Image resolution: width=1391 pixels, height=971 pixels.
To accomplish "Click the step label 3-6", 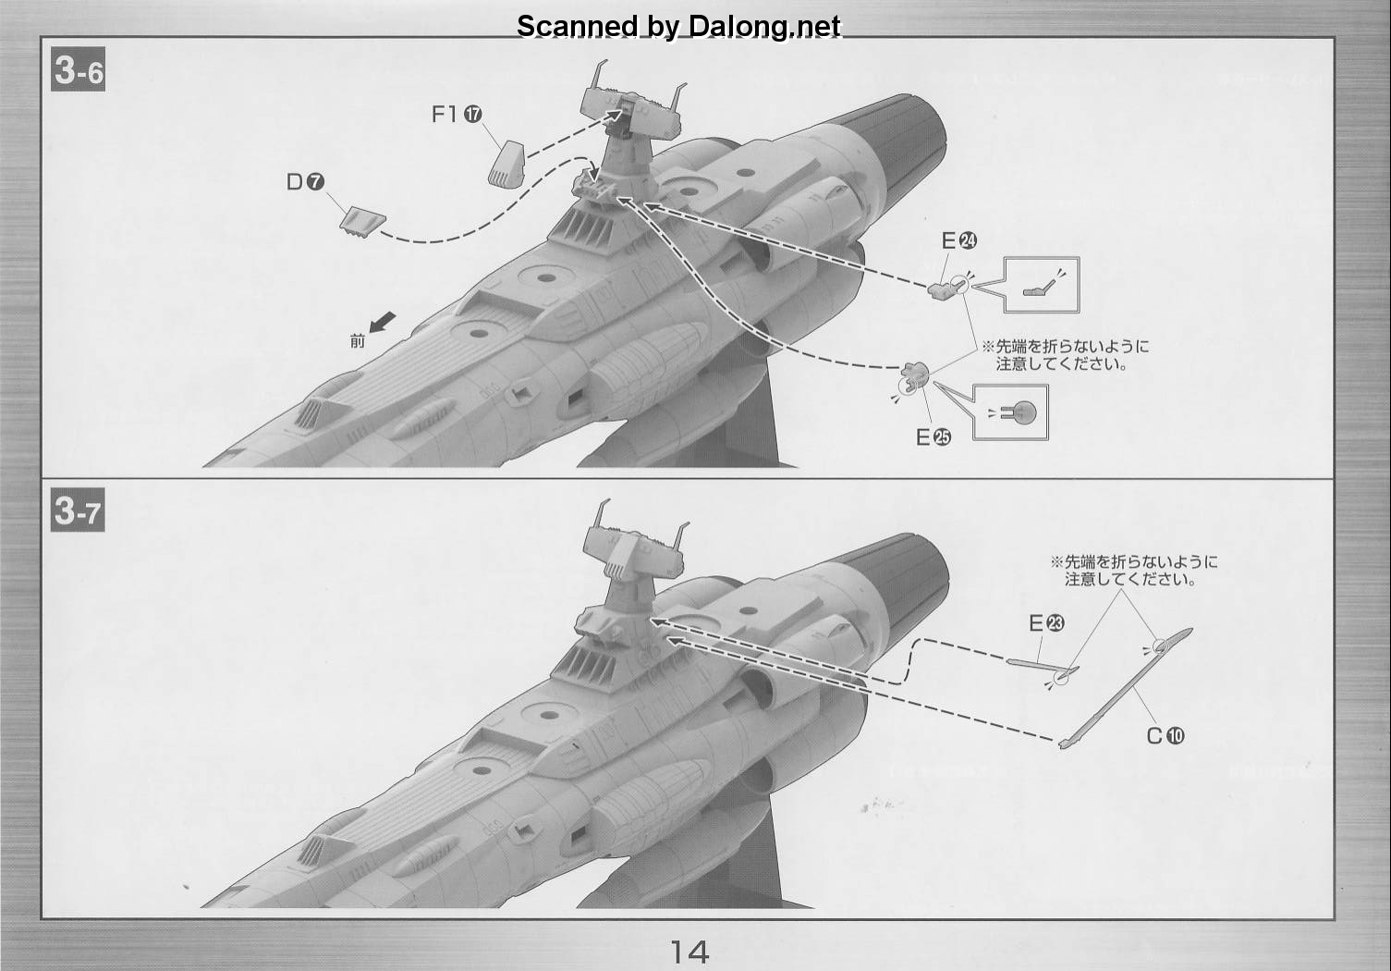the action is coord(78,69).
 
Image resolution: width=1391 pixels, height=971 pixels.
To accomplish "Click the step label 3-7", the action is coord(78,510).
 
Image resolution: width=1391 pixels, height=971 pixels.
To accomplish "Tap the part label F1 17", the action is coord(457,114).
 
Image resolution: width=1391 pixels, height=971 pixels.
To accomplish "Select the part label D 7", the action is coord(305,181).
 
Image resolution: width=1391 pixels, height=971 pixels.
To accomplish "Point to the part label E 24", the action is coord(959,240).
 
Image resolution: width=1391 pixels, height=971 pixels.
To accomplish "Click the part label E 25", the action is coord(933,437).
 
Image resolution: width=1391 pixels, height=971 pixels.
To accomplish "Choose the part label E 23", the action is coord(1046,622).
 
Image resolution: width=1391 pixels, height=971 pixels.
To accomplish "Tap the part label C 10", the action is coord(1165,736).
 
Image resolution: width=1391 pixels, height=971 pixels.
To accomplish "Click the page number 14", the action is coord(689,952).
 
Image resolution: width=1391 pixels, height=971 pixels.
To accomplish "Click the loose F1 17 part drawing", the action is coord(506,164).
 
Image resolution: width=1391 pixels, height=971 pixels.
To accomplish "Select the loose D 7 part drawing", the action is coord(363,222).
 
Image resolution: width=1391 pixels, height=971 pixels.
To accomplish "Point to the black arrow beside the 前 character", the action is coord(383,323).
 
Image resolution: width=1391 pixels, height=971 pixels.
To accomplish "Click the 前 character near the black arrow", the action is coord(358,340).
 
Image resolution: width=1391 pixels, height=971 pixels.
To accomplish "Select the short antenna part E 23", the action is coord(1043,666).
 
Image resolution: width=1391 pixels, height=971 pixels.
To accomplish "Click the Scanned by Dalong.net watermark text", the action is coord(678,26).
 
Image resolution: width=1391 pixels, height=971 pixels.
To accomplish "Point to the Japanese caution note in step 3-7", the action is coord(1134,571).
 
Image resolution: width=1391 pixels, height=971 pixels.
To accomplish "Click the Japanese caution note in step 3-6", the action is coord(1066,355).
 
